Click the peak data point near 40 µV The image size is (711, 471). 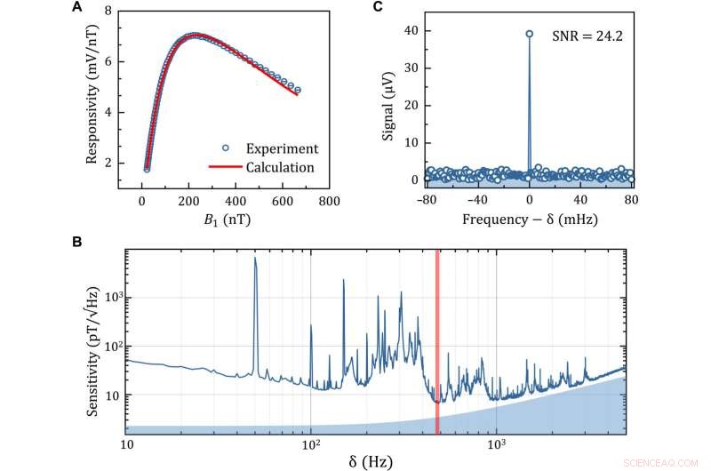pos(529,34)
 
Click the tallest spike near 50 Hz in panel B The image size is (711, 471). pos(255,259)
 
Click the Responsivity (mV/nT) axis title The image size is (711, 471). pos(92,98)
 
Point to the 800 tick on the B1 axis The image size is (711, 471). pos(329,200)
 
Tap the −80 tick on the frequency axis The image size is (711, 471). pos(427,200)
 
